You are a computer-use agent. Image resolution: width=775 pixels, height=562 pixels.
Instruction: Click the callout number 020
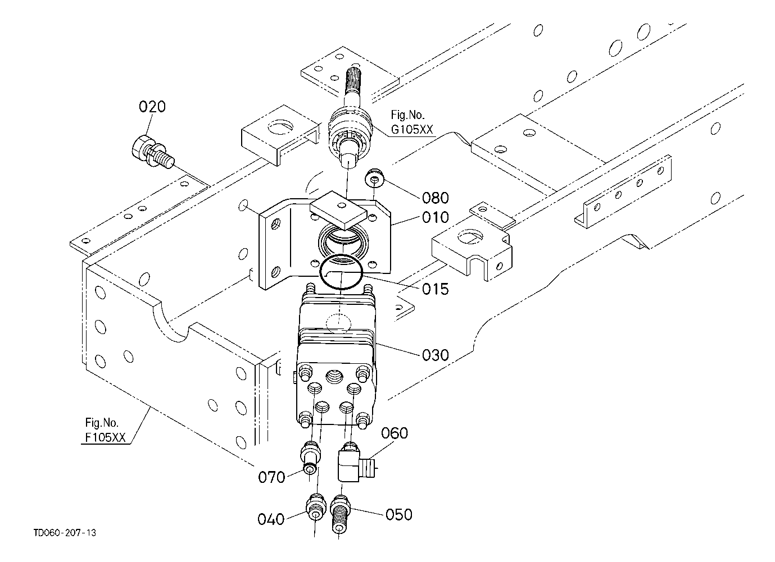[x=152, y=107]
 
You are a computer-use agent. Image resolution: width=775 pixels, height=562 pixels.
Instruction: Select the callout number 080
[x=435, y=198]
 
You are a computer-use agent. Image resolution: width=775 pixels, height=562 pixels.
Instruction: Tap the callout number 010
[x=435, y=217]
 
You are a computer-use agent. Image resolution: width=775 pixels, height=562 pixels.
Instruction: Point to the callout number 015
[x=435, y=289]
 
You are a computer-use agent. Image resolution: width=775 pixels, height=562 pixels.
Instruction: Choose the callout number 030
[x=435, y=355]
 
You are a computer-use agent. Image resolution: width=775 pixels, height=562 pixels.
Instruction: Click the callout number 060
[x=395, y=433]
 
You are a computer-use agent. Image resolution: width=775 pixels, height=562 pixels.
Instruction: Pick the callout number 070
[x=271, y=477]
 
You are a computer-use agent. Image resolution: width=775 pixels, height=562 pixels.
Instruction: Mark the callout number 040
[x=271, y=519]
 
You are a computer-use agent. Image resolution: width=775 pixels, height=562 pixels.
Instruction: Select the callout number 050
[x=399, y=515]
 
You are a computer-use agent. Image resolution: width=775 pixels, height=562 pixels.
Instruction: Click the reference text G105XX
[x=412, y=130]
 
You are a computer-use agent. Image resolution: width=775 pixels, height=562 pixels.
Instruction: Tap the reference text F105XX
[x=105, y=437]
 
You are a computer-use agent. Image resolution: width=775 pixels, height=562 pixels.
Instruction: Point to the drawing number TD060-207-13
[x=65, y=533]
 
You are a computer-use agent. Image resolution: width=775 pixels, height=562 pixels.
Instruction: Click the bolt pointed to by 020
[x=153, y=152]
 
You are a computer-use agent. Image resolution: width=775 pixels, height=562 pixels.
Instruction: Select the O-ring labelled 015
[x=342, y=272]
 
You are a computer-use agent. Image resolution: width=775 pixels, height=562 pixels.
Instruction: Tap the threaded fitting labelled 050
[x=341, y=514]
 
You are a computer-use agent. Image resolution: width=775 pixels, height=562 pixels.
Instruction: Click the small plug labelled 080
[x=374, y=178]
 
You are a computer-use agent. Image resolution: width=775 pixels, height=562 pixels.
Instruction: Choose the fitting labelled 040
[x=315, y=508]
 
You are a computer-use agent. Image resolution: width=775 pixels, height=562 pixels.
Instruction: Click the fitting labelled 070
[x=310, y=458]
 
